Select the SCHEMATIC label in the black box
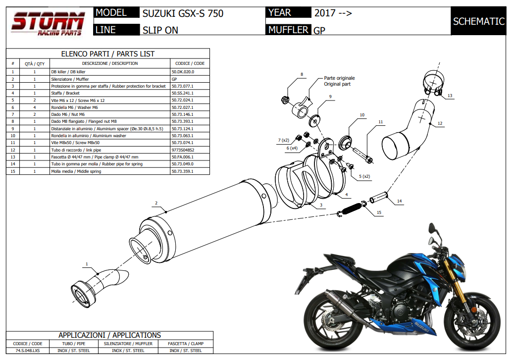[478, 21]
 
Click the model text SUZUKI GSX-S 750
[183, 13]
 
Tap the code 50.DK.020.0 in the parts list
[183, 72]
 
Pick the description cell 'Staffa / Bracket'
[65, 93]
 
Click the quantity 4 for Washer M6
[35, 107]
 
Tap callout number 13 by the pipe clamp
[450, 96]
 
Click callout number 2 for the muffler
[156, 203]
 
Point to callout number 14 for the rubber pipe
[399, 201]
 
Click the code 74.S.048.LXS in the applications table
[27, 351]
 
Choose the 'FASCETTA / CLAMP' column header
[185, 344]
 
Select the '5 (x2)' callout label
[364, 176]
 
